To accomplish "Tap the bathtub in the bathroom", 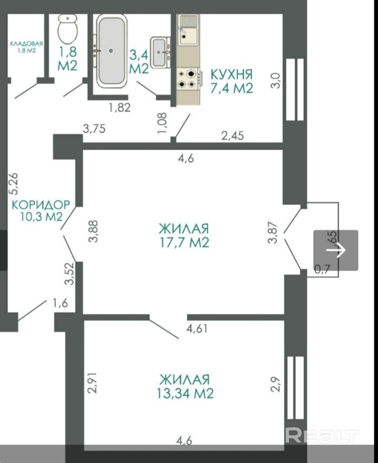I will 111,51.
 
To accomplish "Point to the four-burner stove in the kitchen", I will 188,78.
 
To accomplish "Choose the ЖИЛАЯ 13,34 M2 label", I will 185,386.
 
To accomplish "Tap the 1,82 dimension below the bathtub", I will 119,108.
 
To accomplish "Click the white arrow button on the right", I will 336,250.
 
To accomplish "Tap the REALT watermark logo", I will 322,435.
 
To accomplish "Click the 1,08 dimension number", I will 162,122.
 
